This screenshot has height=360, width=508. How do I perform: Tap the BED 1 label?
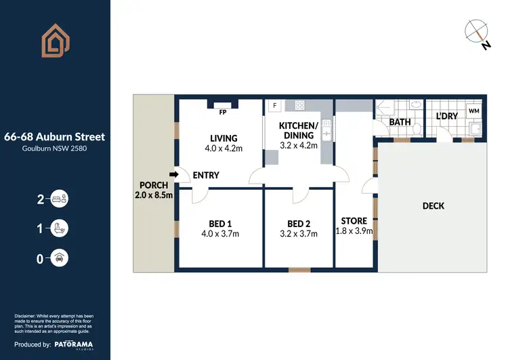point(220,224)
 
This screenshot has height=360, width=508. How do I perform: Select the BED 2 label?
point(299,224)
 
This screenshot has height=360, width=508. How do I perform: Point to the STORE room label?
point(354,221)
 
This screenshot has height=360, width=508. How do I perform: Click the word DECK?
point(433,205)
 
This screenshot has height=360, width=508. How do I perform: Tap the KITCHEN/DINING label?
point(299,131)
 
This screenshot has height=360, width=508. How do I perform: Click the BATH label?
point(400,123)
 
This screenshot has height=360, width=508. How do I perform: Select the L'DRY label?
point(446,116)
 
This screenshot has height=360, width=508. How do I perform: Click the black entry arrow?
point(173,175)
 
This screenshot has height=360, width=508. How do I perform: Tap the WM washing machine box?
point(473,110)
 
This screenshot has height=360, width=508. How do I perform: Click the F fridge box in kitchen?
point(275,106)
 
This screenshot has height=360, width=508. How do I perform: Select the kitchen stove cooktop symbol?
point(299,105)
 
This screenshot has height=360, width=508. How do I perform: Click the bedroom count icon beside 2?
point(60,199)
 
